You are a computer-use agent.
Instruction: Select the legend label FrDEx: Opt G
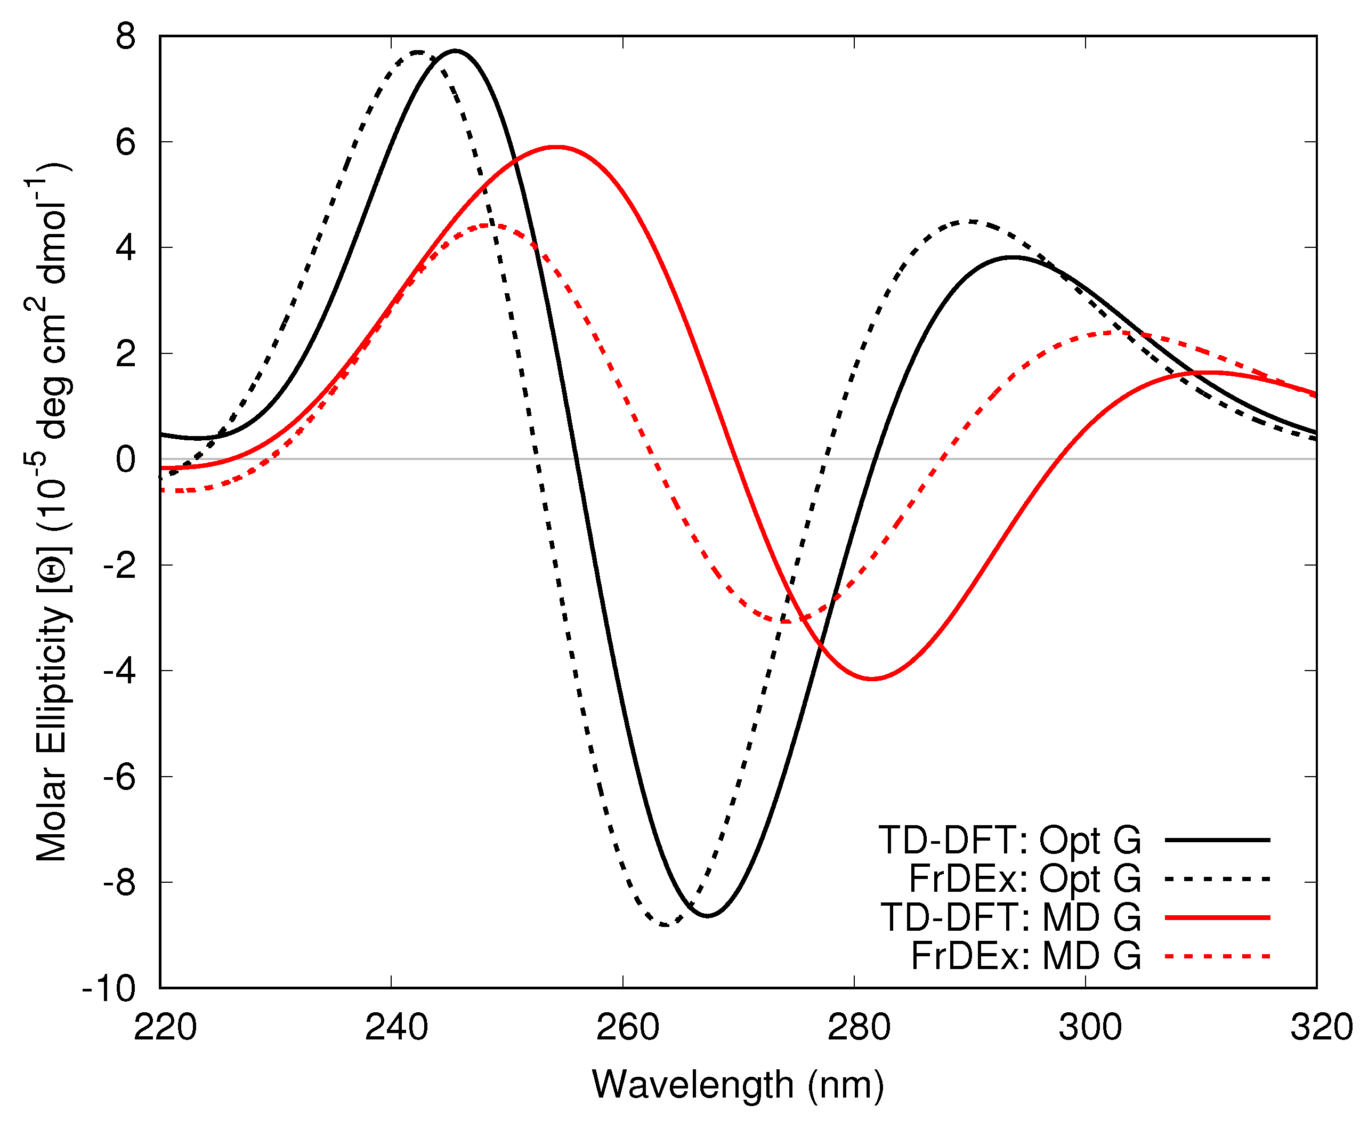pos(1025,879)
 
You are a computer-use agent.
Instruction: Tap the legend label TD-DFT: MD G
pos(1010,917)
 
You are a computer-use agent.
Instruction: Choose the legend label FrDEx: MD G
pos(1026,956)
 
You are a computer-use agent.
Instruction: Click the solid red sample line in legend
pos(1217,917)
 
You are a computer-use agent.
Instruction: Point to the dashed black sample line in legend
pos(1217,879)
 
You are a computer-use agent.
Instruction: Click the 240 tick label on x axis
pos(396,1027)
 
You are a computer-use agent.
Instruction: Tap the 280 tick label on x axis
pos(859,1027)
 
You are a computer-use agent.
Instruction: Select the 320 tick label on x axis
pos(1321,1027)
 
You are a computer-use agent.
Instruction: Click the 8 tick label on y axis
pos(126,37)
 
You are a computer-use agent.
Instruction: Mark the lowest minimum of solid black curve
pos(708,916)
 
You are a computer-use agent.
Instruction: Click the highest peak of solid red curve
pos(556,147)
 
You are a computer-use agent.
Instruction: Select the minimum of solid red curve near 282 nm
pos(871,679)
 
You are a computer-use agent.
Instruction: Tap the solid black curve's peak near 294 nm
pos(1014,257)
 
